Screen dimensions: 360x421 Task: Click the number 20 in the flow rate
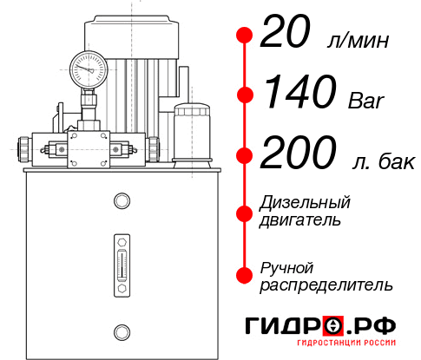click(289, 36)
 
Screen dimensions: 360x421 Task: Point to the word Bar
click(363, 99)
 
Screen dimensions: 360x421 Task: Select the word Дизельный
click(306, 203)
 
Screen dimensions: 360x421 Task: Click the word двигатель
click(300, 219)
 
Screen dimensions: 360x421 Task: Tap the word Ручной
click(286, 267)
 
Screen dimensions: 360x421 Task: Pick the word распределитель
click(326, 284)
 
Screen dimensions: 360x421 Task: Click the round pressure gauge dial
click(88, 66)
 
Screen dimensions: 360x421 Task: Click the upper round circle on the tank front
click(122, 201)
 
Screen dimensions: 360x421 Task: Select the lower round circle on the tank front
click(122, 331)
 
